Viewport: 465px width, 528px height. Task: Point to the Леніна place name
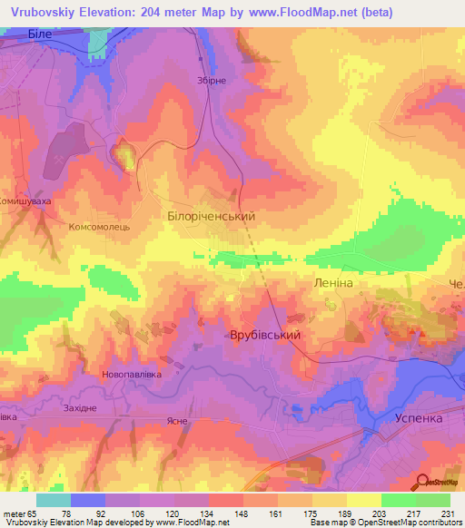coord(332,284)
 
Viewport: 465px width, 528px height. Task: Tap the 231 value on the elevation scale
coord(444,512)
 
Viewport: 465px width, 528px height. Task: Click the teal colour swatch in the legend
coord(54,500)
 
